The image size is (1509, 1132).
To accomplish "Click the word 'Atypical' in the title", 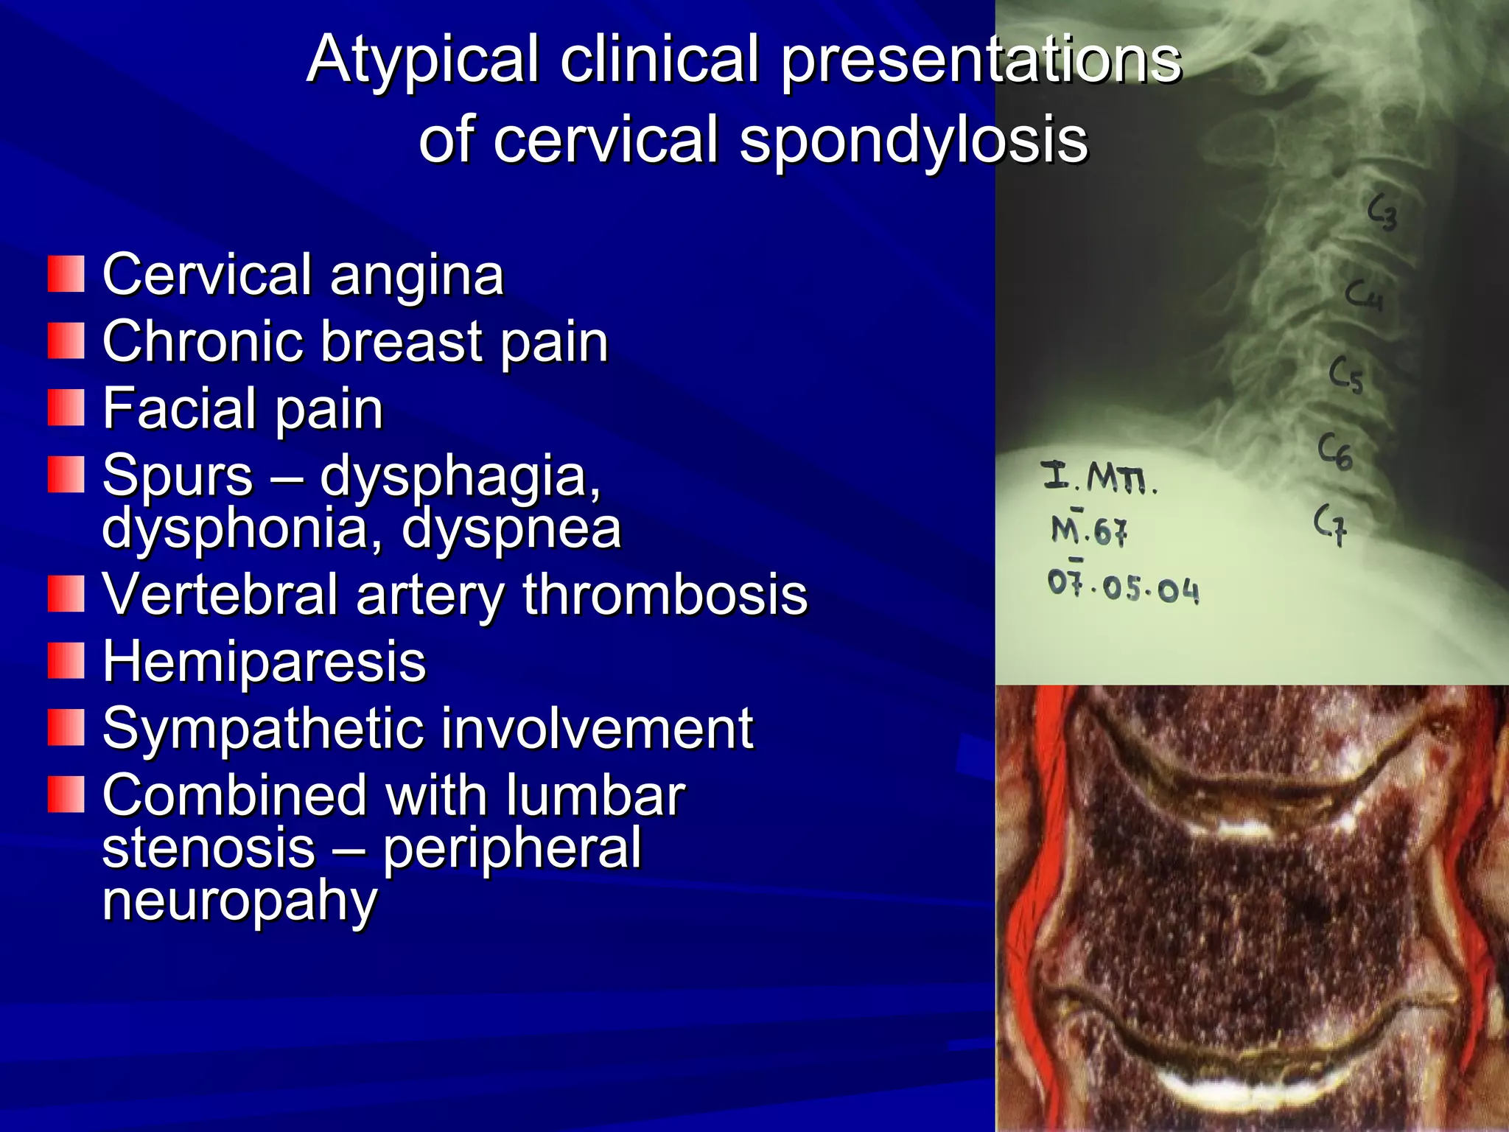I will pos(423,60).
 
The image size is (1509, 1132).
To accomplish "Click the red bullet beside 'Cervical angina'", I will pos(66,274).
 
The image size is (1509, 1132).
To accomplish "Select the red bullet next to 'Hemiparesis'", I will pos(66,660).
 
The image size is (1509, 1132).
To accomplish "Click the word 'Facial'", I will pos(180,408).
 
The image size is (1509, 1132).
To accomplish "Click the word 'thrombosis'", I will pos(665,594).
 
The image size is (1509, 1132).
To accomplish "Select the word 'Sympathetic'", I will pos(262,728).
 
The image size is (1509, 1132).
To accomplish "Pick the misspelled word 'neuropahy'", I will pos(239,901).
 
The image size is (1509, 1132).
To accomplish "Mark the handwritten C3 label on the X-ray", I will pos(1382,212).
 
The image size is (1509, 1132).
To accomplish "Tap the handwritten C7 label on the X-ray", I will pos(1331,523).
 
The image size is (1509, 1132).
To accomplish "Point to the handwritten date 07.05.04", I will pos(1123,587).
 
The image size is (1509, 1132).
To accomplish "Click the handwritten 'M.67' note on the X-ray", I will pos(1088,529).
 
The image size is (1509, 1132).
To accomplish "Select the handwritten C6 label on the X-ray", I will pos(1335,451).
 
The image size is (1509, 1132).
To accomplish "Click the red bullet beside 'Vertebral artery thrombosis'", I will pos(66,594).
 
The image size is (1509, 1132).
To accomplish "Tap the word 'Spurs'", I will pos(177,476).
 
